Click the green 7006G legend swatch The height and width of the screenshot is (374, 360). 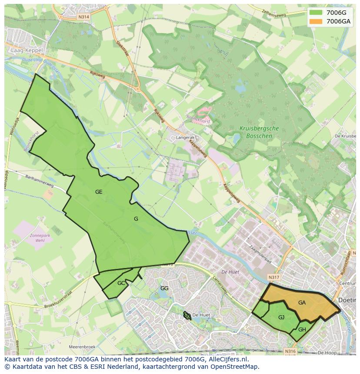pyautogui.click(x=316, y=12)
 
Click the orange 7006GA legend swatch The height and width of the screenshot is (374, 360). pyautogui.click(x=316, y=21)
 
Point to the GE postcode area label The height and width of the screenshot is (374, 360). pyautogui.click(x=99, y=192)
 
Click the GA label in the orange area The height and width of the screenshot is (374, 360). pyautogui.click(x=302, y=303)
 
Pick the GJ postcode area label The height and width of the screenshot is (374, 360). pyautogui.click(x=281, y=318)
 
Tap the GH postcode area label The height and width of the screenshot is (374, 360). pyautogui.click(x=302, y=330)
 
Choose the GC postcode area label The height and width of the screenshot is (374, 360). pyautogui.click(x=121, y=283)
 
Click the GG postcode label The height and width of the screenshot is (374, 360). pyautogui.click(x=164, y=288)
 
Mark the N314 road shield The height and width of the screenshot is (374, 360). pyautogui.click(x=84, y=17)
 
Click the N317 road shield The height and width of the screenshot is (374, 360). pyautogui.click(x=273, y=277)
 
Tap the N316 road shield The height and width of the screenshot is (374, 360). pyautogui.click(x=290, y=351)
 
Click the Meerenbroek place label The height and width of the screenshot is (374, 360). pyautogui.click(x=82, y=347)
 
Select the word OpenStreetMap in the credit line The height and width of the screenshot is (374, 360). pyautogui.click(x=235, y=367)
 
